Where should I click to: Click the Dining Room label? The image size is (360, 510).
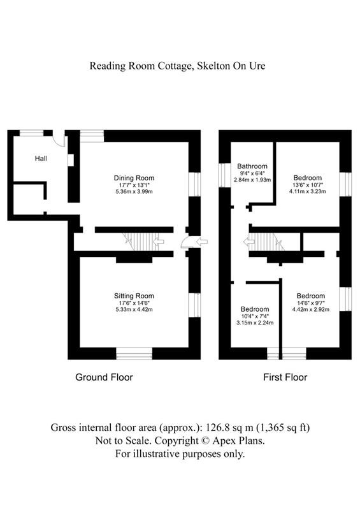tap(134, 178)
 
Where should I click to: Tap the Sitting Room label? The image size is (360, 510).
tap(134, 296)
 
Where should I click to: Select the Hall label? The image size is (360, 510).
tap(41, 158)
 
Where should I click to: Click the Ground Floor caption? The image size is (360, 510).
tap(104, 377)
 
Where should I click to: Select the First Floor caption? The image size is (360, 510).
tap(285, 377)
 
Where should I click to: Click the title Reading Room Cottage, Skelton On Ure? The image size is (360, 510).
tap(177, 66)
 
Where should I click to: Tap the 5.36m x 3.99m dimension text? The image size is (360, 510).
tap(134, 191)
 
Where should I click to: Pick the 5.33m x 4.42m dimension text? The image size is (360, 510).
tap(134, 309)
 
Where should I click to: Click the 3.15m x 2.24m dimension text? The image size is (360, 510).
tap(254, 322)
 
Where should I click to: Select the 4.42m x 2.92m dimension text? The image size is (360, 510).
tap(310, 309)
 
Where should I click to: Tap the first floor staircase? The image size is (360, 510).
tap(267, 241)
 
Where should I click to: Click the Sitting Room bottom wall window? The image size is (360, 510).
tap(134, 353)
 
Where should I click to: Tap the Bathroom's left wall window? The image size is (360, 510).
tap(224, 173)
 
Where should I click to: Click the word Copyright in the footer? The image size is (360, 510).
tap(174, 441)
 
